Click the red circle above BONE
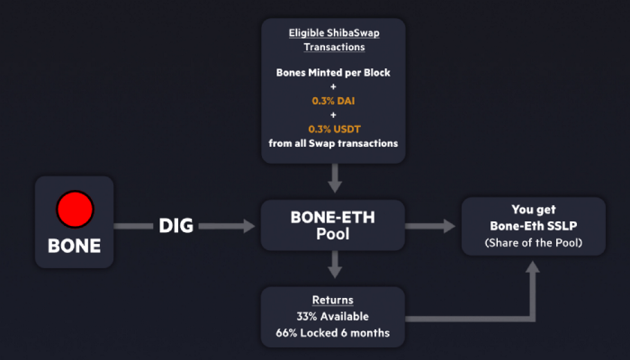75,209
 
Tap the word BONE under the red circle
75,246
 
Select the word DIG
176,225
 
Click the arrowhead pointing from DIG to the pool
248,226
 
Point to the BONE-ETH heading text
333,218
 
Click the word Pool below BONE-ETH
333,234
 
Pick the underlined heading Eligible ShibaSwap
334,33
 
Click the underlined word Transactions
334,47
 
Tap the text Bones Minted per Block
333,73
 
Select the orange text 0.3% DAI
334,101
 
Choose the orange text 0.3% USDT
334,129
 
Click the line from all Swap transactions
333,143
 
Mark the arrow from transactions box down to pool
335,178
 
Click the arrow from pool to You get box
430,226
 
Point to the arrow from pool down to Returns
335,265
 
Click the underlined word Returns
333,300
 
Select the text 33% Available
333,317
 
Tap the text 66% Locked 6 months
333,333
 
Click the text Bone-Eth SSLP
534,226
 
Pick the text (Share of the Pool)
534,243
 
